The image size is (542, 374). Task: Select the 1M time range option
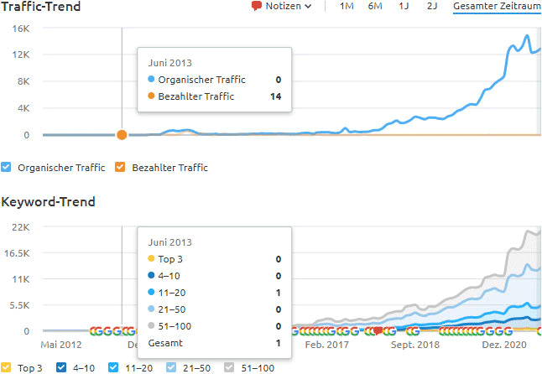point(347,7)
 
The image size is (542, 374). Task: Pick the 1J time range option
point(404,7)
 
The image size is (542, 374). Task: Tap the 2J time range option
point(431,7)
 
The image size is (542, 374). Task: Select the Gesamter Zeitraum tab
point(497,7)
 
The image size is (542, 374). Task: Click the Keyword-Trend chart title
point(48,202)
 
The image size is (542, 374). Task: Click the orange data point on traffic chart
point(122,135)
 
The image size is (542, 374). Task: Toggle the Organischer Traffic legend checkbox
point(7,168)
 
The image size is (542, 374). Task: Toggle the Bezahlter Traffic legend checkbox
point(121,168)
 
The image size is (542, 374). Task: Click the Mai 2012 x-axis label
point(60,345)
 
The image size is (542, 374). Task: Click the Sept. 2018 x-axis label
point(414,345)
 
